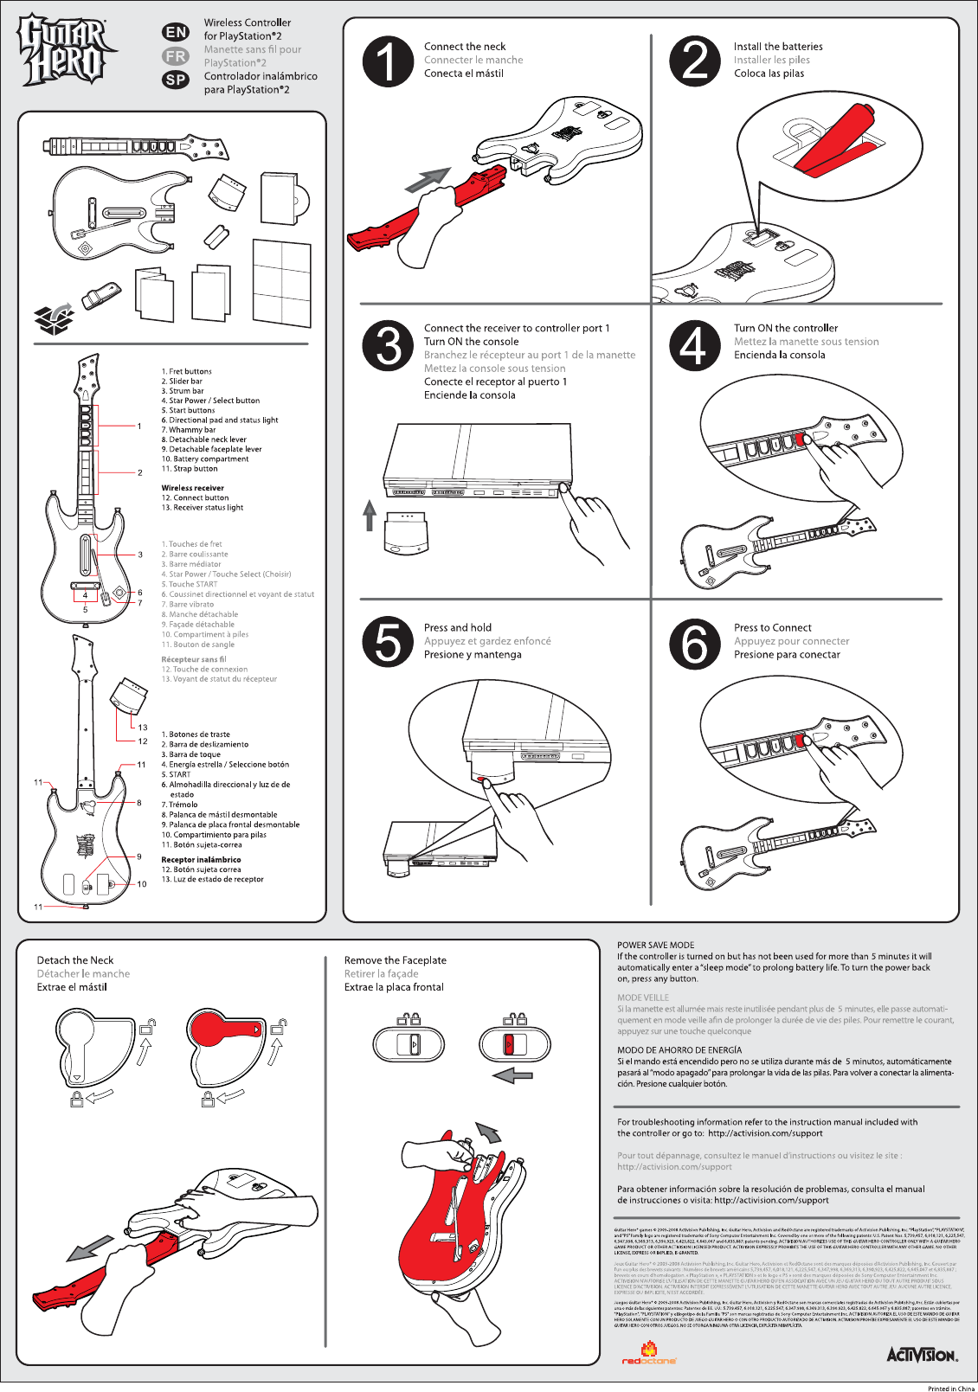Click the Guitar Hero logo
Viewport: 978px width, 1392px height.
[x=62, y=50]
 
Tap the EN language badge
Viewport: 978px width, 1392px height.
[x=176, y=32]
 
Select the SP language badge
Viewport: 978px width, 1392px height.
[x=176, y=80]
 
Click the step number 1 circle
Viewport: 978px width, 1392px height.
[x=388, y=61]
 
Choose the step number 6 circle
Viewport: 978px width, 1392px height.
[x=694, y=644]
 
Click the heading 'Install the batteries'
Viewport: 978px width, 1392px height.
[x=777, y=47]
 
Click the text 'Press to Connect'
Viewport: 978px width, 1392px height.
[x=772, y=628]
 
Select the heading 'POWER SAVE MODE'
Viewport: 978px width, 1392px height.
[x=655, y=946]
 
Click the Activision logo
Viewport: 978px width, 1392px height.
[x=922, y=1354]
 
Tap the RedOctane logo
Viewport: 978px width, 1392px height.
[x=649, y=1354]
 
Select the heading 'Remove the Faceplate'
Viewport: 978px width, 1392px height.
[x=395, y=960]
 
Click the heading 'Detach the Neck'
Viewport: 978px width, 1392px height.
[x=74, y=960]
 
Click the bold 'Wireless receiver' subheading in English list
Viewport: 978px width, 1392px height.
[x=192, y=488]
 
